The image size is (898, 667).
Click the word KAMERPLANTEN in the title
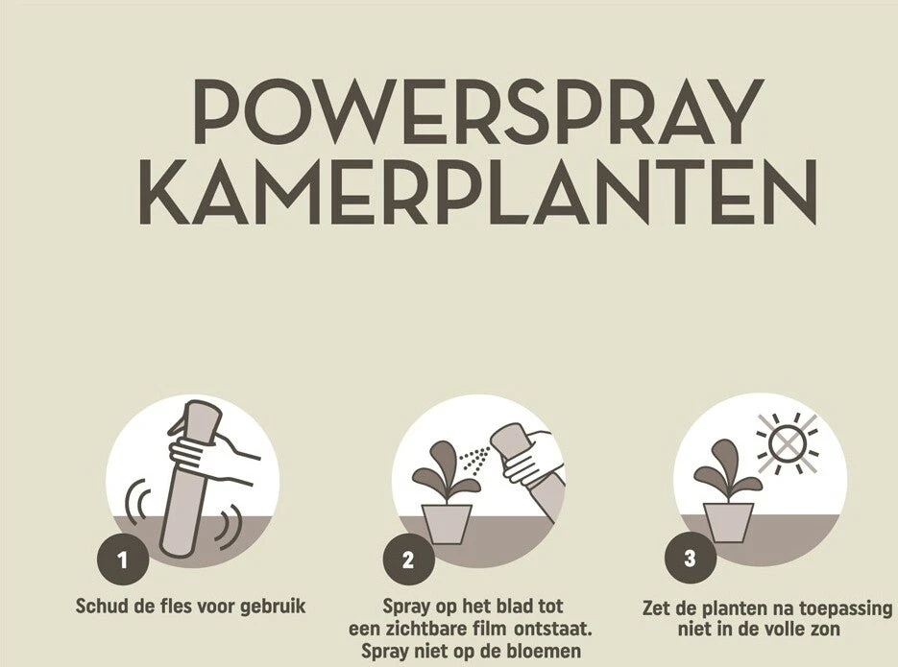(x=477, y=192)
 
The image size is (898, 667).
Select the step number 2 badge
(x=408, y=559)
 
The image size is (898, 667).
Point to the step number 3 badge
(x=691, y=557)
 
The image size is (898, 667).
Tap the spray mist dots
(x=474, y=458)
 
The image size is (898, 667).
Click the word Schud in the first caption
(x=103, y=606)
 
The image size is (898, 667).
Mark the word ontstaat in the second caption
(x=552, y=629)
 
